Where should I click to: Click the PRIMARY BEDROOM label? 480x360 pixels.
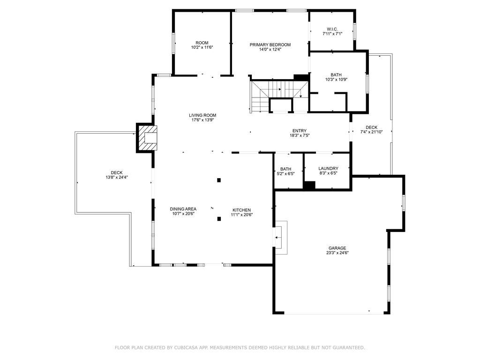[x=270, y=45]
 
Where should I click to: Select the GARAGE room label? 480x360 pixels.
[x=337, y=248]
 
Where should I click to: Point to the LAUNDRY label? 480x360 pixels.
[x=328, y=168]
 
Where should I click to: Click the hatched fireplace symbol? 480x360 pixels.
[x=147, y=137]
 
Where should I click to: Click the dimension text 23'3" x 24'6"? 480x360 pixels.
[x=337, y=253]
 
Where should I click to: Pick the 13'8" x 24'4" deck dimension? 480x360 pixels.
[x=117, y=177]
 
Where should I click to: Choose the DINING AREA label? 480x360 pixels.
[x=183, y=209]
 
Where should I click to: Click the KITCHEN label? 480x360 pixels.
[x=241, y=210]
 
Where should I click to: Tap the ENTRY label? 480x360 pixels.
[x=300, y=131]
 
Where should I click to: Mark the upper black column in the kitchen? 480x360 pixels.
[x=219, y=180]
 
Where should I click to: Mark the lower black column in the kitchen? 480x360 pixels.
[x=219, y=218]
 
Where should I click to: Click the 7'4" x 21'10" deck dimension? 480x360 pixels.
[x=371, y=132]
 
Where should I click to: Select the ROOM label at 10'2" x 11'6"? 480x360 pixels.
[x=202, y=43]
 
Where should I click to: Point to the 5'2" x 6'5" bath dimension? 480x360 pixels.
[x=285, y=173]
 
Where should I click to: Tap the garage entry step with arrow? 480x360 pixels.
[x=280, y=238]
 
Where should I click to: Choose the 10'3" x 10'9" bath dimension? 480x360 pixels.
[x=336, y=79]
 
